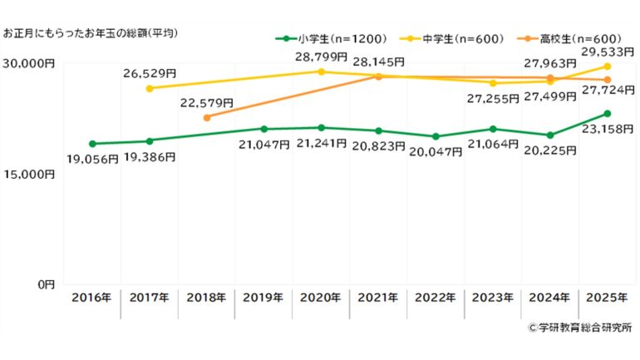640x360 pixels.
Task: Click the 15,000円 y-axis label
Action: pos(28,175)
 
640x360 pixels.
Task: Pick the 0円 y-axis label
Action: pos(43,284)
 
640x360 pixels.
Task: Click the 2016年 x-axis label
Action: pos(91,297)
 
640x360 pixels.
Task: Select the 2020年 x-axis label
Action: pos(322,297)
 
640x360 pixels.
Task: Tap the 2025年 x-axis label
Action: pos(608,297)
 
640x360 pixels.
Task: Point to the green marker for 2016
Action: pos(91,144)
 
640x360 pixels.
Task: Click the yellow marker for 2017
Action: pos(149,88)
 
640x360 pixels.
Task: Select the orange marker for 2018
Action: pos(206,118)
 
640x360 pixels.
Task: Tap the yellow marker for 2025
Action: pos(608,67)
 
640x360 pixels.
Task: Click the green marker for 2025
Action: pos(608,114)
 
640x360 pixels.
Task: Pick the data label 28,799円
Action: pos(321,57)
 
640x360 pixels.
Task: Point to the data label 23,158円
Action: pos(607,129)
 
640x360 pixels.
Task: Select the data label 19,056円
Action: pos(93,159)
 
